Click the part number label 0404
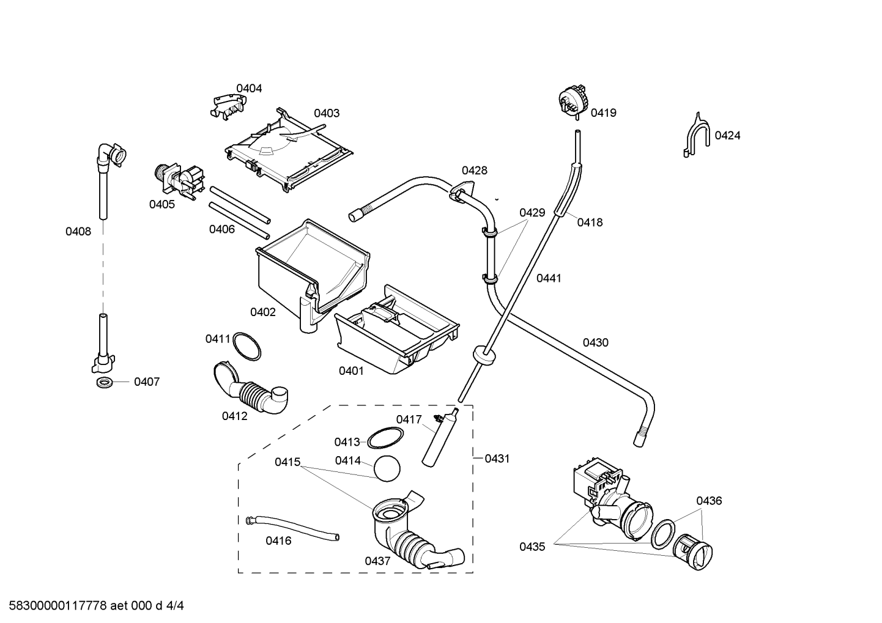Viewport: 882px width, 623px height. (249, 89)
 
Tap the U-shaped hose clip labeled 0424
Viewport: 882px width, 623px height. (697, 135)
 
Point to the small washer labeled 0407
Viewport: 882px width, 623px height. (105, 382)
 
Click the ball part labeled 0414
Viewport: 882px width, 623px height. (387, 468)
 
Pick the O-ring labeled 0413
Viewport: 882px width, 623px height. (385, 438)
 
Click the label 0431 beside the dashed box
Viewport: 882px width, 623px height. (497, 459)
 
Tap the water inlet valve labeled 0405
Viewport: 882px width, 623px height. (179, 181)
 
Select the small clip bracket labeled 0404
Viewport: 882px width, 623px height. (228, 106)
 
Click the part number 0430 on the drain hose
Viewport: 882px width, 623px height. (595, 343)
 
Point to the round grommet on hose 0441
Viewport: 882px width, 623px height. (484, 356)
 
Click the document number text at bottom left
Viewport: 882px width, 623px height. (97, 606)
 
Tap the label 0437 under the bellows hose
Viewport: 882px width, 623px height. (377, 561)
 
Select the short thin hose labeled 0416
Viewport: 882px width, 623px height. (292, 528)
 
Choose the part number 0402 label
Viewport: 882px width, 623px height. (263, 312)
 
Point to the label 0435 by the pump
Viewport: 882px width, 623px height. (532, 547)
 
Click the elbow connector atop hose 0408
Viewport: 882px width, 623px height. (111, 156)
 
